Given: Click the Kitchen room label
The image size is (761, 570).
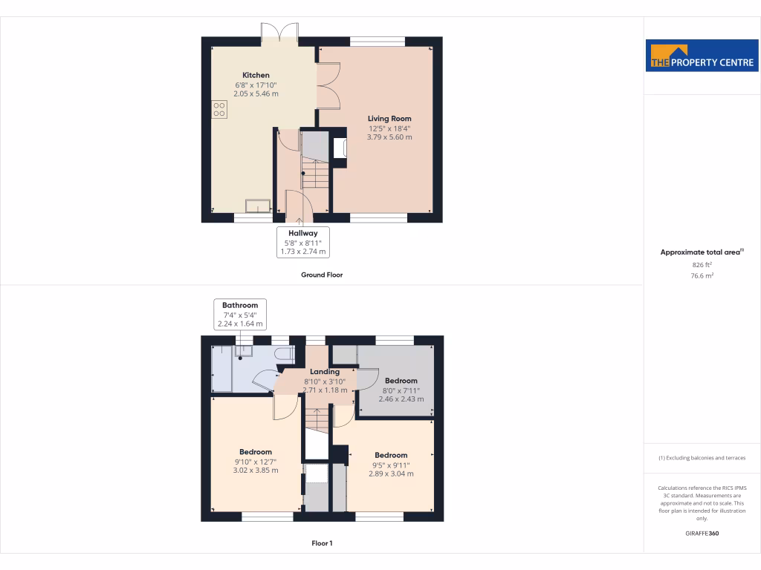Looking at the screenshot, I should coord(256,75).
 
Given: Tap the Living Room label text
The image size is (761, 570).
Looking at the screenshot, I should coord(389,119).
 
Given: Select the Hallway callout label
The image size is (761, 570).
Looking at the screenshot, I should coord(303,233).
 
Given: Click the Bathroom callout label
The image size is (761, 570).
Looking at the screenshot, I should coord(239,305).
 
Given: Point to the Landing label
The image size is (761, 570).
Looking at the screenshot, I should coord(325,372).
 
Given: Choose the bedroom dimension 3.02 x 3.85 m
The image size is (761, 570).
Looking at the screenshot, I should coord(255,471).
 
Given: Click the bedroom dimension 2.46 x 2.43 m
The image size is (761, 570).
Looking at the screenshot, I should coord(401,399).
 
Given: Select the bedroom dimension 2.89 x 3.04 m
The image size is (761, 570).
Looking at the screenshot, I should coord(391,474).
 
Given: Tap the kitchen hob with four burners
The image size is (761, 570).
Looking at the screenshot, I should coord(219,109).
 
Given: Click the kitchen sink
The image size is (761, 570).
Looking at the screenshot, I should coord(258,205).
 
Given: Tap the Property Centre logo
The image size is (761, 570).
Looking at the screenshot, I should coord(692,56).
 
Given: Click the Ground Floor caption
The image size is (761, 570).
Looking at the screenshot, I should coord(321,275).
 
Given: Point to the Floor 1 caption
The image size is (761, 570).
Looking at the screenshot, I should coord(321,543).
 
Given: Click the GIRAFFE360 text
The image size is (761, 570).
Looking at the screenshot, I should coord(702,534).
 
